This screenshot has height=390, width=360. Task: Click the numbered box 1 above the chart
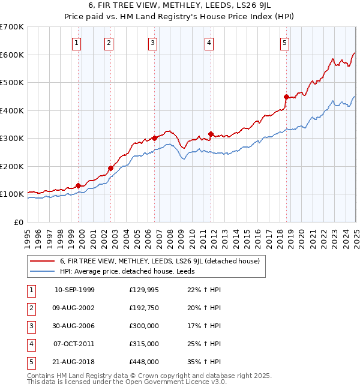pos(77,43)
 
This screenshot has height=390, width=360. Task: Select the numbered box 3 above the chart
pos(153,43)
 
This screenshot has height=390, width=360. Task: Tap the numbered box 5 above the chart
pos(284,43)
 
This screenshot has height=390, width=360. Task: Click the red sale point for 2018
pos(286,97)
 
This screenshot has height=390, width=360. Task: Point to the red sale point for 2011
pos(211,134)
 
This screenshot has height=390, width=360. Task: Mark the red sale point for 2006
pos(154,138)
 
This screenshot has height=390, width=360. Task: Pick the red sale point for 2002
pos(110,168)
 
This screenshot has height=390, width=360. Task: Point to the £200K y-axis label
pos(12,166)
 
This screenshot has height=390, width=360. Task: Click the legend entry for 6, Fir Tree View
pos(159,261)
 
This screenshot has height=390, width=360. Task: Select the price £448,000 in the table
pos(144,362)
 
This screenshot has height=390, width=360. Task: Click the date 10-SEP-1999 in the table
pos(74,290)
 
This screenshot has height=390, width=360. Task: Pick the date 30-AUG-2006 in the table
pos(74,326)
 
